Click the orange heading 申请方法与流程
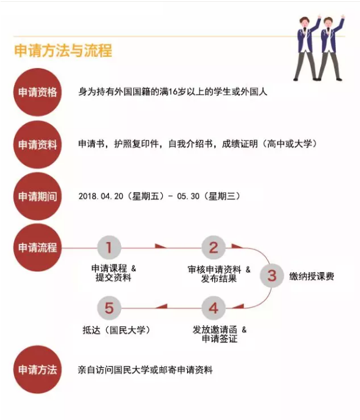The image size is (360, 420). (x=63, y=50)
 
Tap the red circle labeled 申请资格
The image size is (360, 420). (x=37, y=92)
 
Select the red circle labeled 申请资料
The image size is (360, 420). (x=37, y=144)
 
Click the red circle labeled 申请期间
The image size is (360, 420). (x=37, y=196)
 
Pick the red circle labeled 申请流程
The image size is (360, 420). (x=37, y=247)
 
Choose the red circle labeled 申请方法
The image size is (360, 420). (x=37, y=370)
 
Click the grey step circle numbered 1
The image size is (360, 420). (x=109, y=247)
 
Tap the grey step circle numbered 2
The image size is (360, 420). (x=213, y=247)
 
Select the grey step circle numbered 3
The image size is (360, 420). (x=272, y=276)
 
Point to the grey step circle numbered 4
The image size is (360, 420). (x=213, y=308)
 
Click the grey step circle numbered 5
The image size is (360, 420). (x=109, y=308)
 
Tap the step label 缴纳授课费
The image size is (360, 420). (x=312, y=276)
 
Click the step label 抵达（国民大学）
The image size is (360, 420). (x=116, y=330)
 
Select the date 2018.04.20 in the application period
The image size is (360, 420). (x=101, y=196)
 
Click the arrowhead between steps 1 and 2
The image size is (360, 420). (x=160, y=246)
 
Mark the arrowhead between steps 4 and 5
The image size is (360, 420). (x=162, y=306)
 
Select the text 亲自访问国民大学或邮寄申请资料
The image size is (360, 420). (x=145, y=370)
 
